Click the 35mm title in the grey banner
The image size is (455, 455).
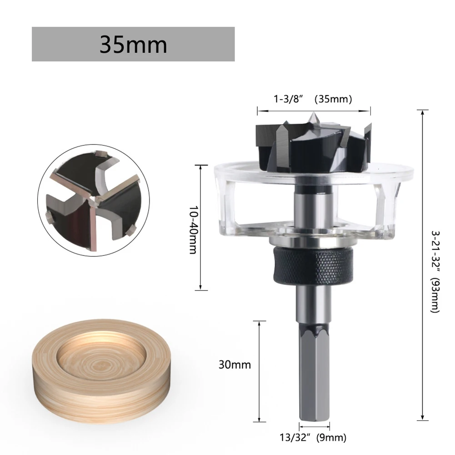tap(133, 45)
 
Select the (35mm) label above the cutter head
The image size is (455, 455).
tap(335, 99)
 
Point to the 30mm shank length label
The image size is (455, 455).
tap(235, 365)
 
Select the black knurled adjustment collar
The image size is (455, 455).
tap(314, 266)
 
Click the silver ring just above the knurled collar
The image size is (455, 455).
tap(314, 242)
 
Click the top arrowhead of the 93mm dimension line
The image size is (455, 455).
tap(423, 112)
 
